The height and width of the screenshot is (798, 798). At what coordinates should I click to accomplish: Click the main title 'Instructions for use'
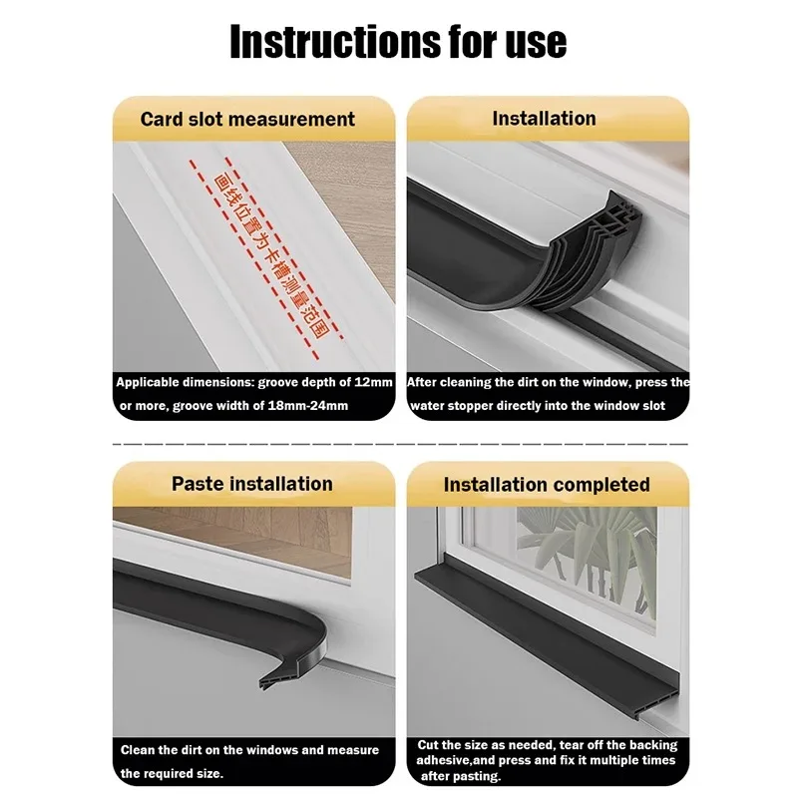tap(398, 41)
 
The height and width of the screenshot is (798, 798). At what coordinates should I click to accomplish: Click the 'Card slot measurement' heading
tap(247, 119)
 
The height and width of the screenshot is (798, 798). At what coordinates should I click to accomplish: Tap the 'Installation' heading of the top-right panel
tap(544, 118)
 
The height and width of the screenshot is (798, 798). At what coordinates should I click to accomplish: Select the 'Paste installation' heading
tap(251, 484)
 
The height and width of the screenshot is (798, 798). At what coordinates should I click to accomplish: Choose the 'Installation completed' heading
tap(547, 485)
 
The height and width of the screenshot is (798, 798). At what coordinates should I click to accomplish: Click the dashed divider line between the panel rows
tap(399, 442)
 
